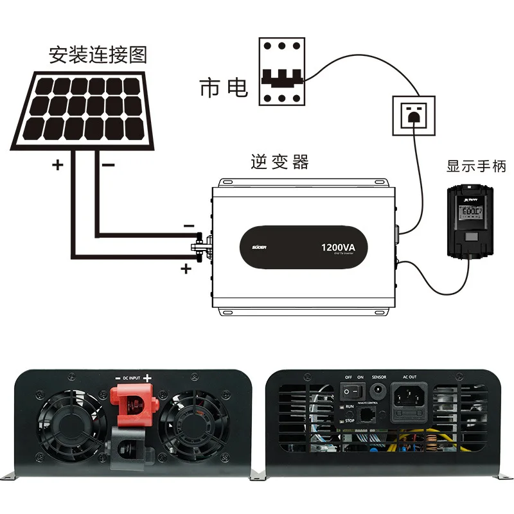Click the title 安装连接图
tap(98, 54)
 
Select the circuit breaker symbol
tap(282, 71)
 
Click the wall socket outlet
tap(413, 115)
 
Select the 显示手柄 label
tap(477, 166)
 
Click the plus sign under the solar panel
tap(58, 165)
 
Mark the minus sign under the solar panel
tap(108, 165)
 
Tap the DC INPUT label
tap(131, 378)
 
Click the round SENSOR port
tap(379, 390)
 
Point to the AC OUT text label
tap(409, 377)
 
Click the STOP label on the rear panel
tap(350, 421)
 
